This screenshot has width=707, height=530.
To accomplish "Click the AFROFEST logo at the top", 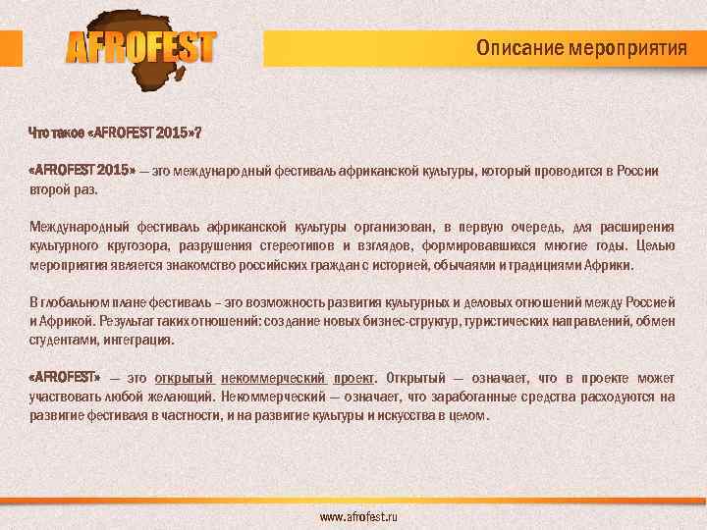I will [x=140, y=46].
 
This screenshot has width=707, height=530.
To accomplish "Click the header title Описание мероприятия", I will [x=581, y=47].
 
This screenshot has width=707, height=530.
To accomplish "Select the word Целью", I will [x=655, y=246].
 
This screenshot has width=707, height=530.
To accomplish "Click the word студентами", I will [x=60, y=340].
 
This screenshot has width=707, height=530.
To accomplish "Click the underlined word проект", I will [x=354, y=378].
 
